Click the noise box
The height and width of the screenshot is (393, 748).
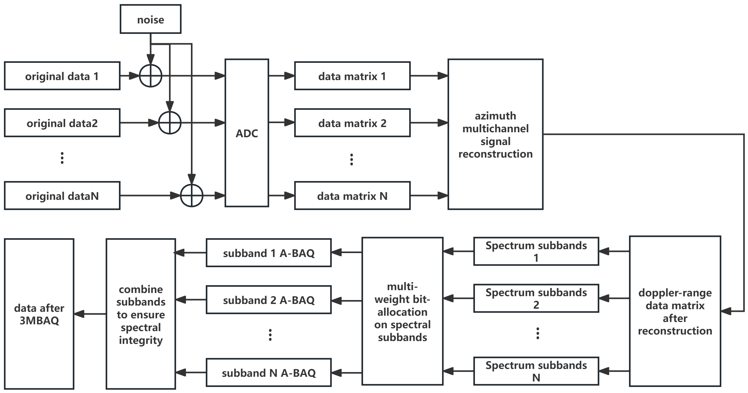click(150, 19)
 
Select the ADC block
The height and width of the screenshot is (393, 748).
click(247, 133)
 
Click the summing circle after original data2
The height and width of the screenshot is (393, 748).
click(170, 123)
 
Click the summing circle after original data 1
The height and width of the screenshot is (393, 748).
click(150, 76)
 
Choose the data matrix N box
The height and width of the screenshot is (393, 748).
click(352, 196)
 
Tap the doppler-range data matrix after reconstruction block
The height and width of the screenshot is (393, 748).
click(675, 311)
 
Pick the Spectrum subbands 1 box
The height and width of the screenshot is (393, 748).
click(536, 251)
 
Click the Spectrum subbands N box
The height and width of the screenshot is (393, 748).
click(536, 371)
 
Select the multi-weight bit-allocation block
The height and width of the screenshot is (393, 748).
click(402, 311)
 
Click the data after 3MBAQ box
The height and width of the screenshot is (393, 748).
click(39, 314)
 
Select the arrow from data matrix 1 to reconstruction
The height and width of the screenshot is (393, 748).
click(429, 76)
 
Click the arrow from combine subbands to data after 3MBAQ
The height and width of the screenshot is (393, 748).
click(90, 314)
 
